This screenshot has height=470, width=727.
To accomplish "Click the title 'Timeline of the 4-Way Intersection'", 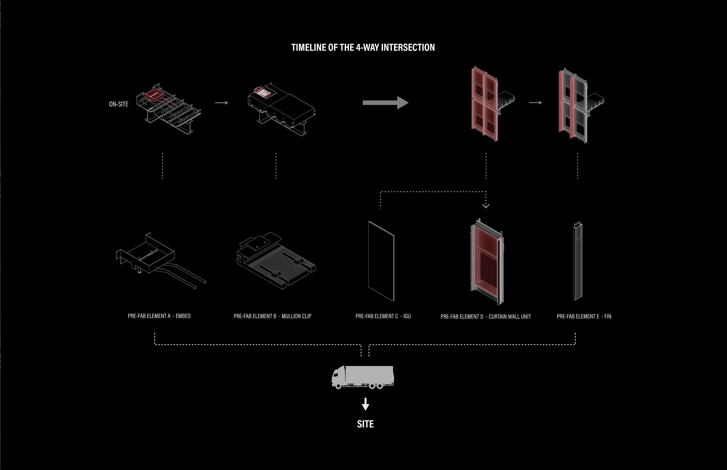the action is (363, 47).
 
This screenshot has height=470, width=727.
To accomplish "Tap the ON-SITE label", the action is (119, 104).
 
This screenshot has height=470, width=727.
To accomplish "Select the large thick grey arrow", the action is (385, 103).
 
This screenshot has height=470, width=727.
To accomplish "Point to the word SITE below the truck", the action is (365, 424).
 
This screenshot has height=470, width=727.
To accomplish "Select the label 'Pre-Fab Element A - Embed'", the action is (159, 316).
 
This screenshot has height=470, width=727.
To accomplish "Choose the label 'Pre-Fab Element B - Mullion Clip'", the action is (272, 316).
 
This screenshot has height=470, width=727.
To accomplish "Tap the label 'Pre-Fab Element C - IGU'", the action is (383, 316).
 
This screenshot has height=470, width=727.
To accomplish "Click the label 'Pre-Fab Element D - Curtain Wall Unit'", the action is (486, 316).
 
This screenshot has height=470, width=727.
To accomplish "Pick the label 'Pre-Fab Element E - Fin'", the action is (584, 316).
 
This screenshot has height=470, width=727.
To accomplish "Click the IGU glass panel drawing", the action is (381, 261).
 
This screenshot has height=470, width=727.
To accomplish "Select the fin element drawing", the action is (578, 261).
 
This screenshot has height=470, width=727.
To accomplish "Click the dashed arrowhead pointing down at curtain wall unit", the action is (486, 206).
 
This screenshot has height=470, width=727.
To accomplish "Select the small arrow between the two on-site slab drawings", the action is (222, 103).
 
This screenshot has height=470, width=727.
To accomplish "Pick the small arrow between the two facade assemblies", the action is (535, 103).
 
